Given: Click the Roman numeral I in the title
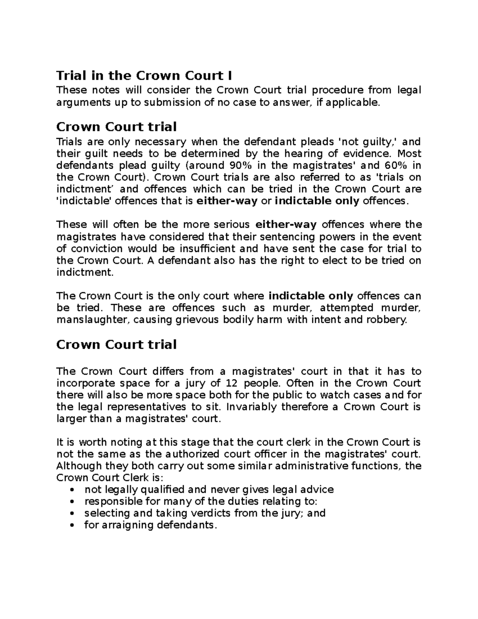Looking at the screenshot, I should (x=229, y=75).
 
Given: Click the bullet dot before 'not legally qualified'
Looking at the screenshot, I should (x=72, y=490).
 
